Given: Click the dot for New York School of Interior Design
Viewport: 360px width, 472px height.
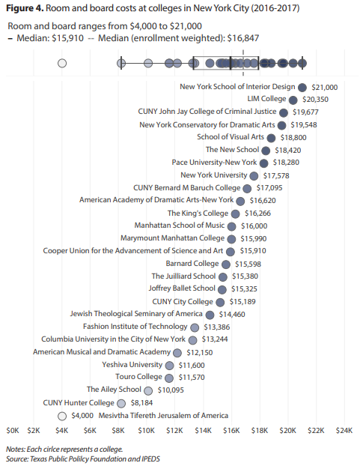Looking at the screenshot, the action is [302, 88].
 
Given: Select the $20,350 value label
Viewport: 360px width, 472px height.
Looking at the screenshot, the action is [315, 100].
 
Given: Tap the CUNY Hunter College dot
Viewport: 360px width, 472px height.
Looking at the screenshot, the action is [121, 403].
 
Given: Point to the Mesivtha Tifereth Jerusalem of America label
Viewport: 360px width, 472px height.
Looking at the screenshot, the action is [163, 415].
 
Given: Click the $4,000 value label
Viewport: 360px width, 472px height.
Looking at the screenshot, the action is [82, 416].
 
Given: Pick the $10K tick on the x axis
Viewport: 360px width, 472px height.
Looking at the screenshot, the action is [146, 431].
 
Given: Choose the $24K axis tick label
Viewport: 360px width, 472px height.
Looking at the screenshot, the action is [344, 431].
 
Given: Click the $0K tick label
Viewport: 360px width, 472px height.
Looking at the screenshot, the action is [13, 431].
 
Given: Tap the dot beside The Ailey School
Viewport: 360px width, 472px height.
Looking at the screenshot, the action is [148, 391].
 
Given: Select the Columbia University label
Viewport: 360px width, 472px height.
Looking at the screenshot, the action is [113, 339].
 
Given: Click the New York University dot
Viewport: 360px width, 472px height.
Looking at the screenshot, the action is [254, 176].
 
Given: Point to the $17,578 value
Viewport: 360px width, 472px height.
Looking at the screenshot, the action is [276, 175].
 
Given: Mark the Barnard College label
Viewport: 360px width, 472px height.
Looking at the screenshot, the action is [192, 264].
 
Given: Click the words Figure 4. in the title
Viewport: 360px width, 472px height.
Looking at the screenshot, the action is [25, 8].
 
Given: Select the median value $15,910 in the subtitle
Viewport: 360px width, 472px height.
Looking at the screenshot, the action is [67, 38].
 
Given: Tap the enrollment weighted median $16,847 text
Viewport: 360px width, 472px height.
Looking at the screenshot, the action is [243, 38].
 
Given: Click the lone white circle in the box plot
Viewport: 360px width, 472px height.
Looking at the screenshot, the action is [62, 64].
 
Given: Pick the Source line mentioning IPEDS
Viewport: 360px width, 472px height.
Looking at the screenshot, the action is [83, 459].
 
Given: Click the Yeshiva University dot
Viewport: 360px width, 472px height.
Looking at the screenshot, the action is [170, 366].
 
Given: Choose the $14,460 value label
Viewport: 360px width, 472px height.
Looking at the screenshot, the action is [232, 315].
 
